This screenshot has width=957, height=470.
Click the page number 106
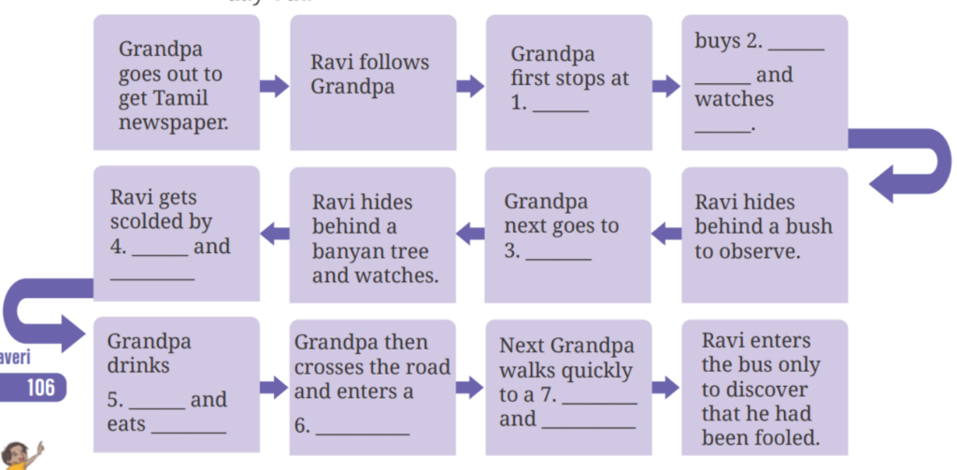tap(40, 387)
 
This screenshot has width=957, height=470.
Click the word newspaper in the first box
tap(173, 122)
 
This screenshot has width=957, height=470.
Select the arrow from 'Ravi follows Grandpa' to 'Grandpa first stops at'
tap(469, 87)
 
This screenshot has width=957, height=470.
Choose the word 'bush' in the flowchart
tap(809, 226)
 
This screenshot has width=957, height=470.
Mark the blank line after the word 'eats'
tap(188, 432)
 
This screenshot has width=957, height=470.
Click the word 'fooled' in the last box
tap(790, 437)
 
